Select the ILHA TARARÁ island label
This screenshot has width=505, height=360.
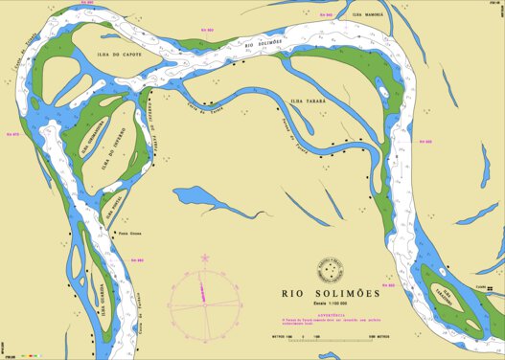(309, 99)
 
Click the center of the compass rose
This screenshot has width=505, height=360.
(205, 297)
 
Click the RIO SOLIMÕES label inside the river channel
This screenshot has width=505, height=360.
(264, 44)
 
